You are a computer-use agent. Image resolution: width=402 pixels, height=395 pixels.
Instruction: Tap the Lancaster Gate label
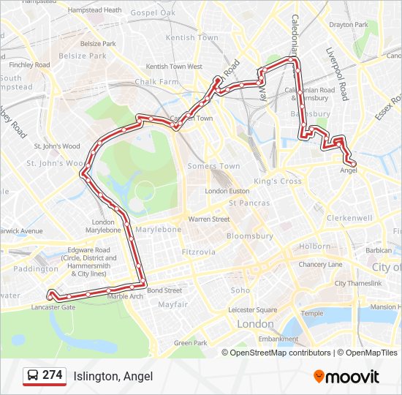pos(53,308)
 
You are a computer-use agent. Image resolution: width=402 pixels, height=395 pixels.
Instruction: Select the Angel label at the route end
pos(349,170)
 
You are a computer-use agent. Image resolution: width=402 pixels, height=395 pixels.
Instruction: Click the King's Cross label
pos(278,181)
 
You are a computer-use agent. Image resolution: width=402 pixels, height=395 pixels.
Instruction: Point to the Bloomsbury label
pos(249,236)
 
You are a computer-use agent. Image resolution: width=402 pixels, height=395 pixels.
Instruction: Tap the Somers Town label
pos(213,166)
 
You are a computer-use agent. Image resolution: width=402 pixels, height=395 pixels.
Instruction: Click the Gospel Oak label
pos(153,13)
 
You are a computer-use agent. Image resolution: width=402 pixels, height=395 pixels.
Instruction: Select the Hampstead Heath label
pos(94,10)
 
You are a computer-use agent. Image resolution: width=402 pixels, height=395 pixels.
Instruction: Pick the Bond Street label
pos(164,290)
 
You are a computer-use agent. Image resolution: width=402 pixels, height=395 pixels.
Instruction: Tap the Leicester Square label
pos(251,309)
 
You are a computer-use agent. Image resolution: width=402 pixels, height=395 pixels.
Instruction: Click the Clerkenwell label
pos(351,218)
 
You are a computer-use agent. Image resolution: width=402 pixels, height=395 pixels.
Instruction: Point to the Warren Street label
pos(209,219)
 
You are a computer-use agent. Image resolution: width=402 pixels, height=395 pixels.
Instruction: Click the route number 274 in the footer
pos(52,375)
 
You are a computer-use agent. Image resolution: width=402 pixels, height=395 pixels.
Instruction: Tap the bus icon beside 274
pos(34,375)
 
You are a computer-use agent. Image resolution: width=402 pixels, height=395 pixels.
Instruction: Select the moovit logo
pos(346,377)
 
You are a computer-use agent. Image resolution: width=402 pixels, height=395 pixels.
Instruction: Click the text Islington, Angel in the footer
pos(113,376)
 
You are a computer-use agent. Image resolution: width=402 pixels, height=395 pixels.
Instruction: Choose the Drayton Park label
pos(348,24)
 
